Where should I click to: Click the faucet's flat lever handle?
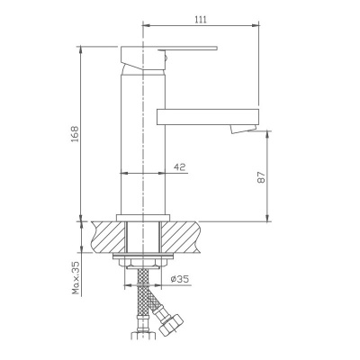pos(180,48)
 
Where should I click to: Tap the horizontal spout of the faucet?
pos(207,116)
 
